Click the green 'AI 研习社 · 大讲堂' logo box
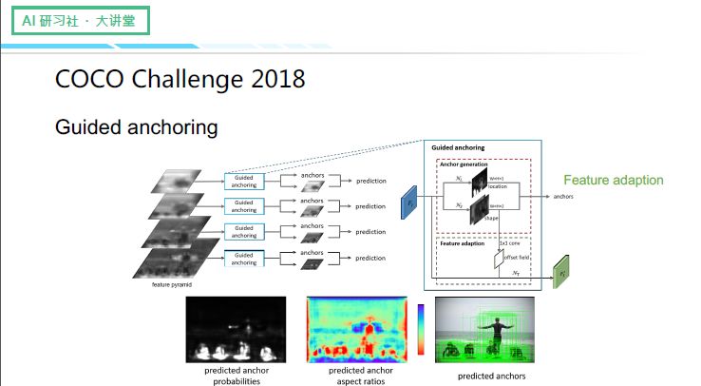[80, 20]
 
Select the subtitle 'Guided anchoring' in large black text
[136, 126]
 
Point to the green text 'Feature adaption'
[614, 180]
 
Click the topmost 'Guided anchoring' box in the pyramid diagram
[243, 181]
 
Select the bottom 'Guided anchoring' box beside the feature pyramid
[243, 258]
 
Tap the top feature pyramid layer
[175, 181]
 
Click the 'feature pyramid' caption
[174, 284]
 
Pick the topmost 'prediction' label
[370, 181]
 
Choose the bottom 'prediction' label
[370, 258]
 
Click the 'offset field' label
[514, 258]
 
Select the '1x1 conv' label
[509, 243]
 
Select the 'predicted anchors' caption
[491, 376]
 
